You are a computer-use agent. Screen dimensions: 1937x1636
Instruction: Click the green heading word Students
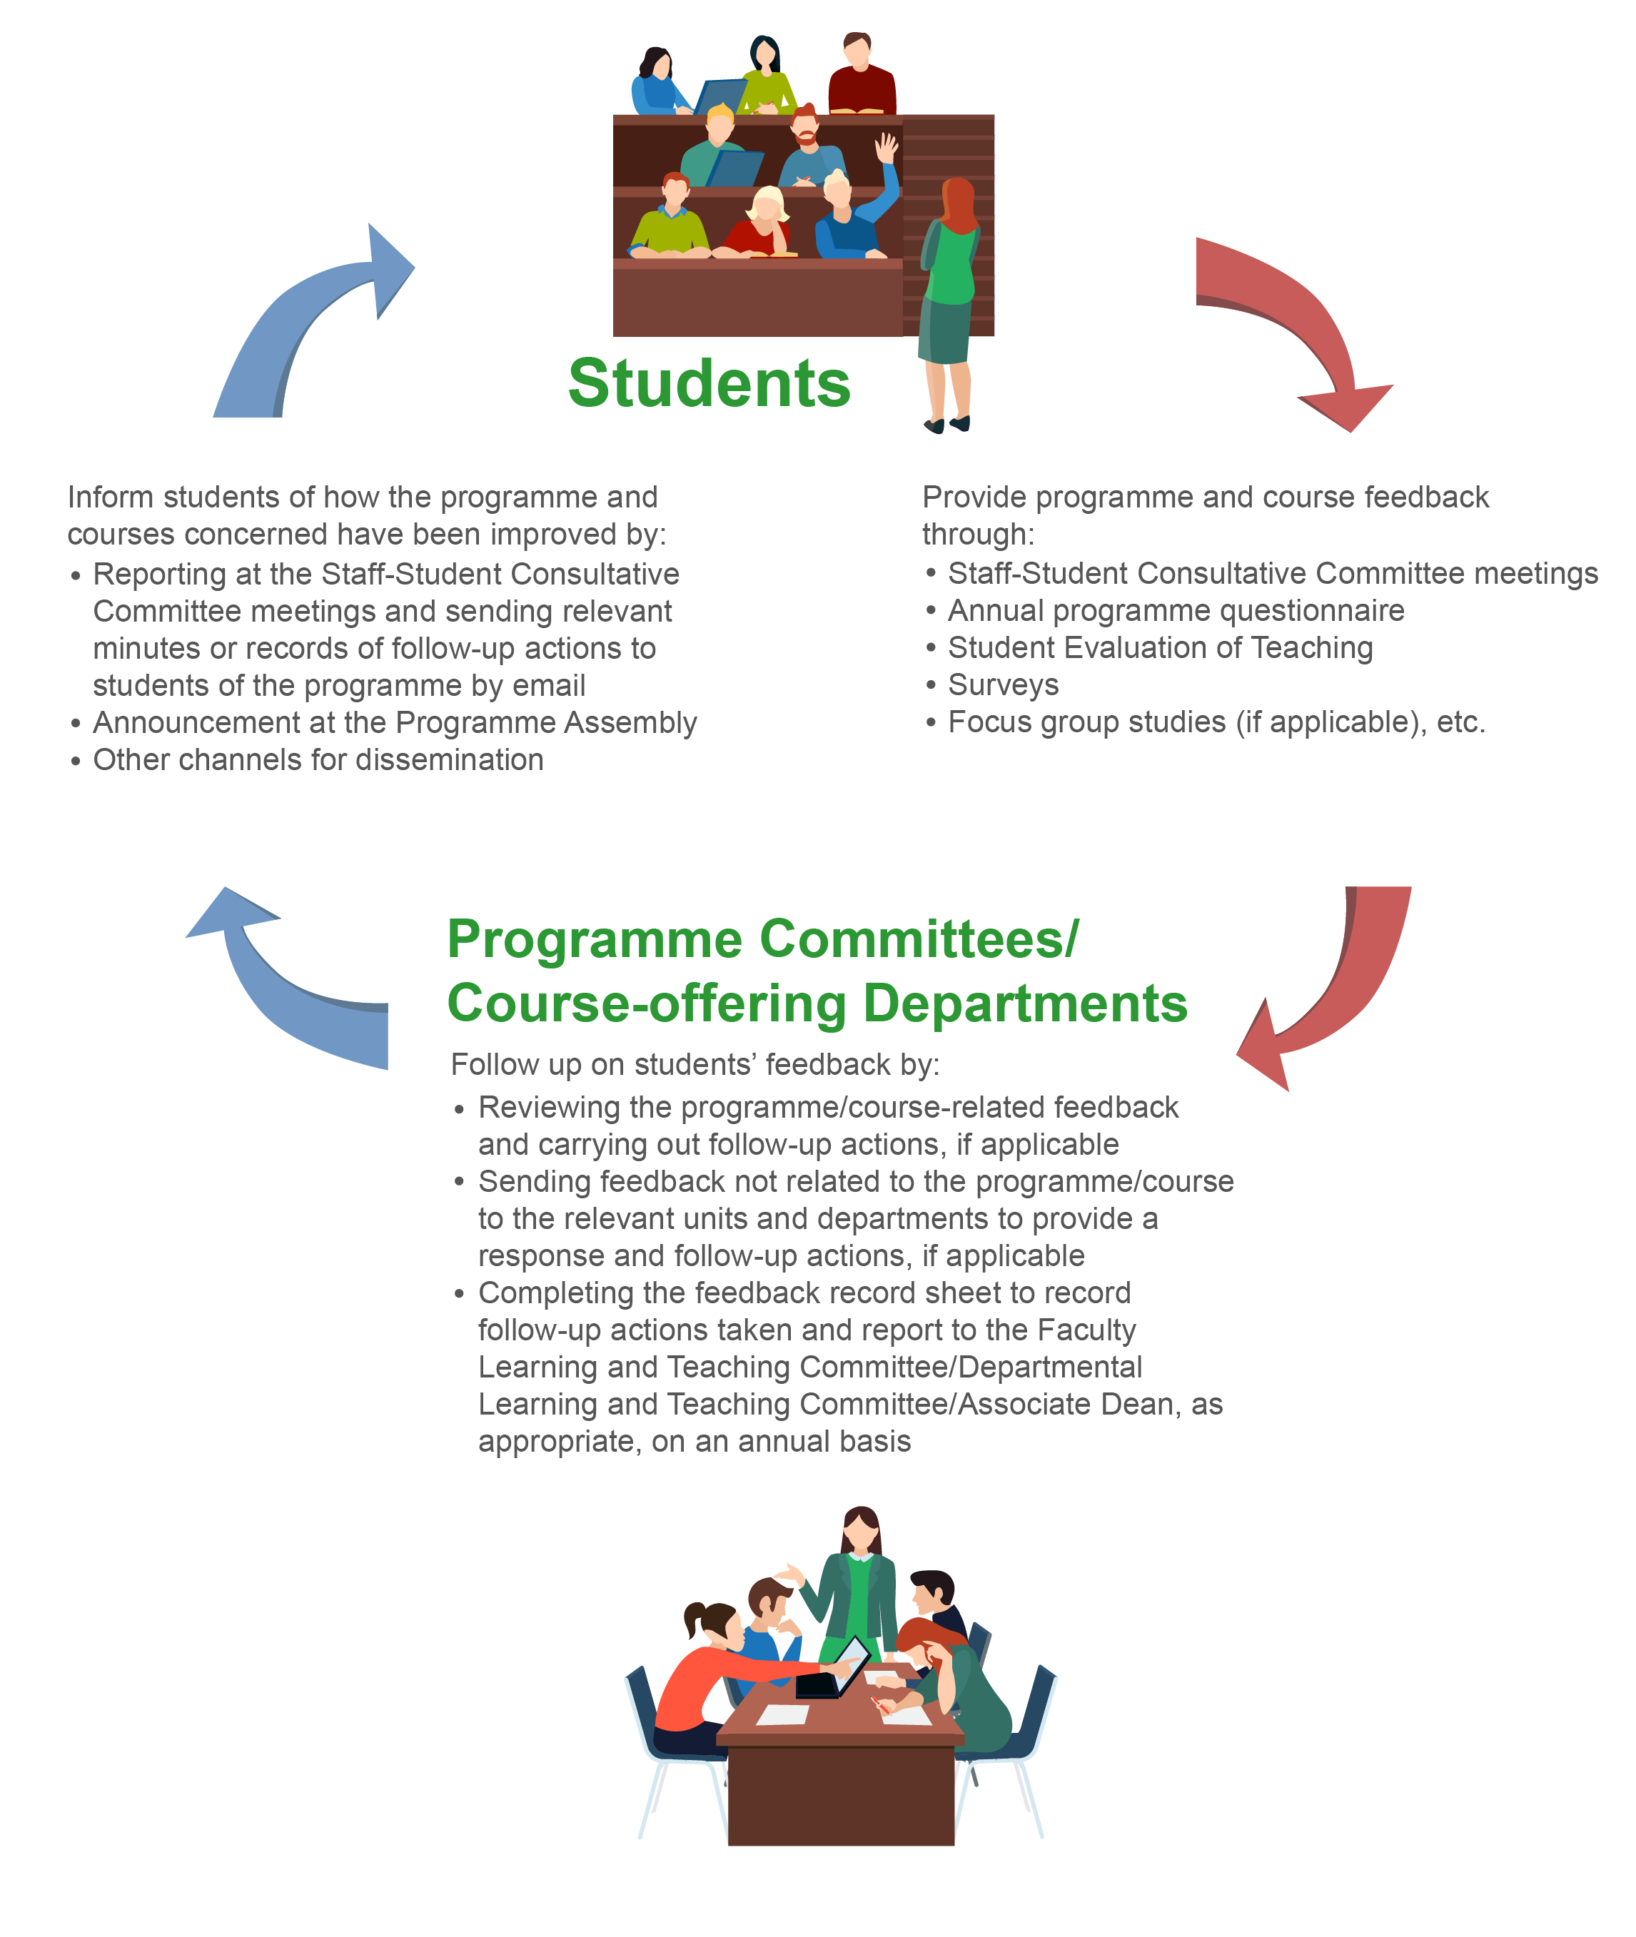709,383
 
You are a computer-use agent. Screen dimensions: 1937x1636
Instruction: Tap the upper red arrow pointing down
1298,325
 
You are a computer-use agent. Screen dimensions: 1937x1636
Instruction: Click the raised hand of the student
887,146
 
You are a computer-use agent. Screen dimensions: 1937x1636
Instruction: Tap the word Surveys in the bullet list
1003,684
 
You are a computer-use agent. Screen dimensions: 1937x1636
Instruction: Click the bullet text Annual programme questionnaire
1175,610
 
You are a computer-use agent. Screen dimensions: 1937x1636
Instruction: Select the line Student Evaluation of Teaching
1159,647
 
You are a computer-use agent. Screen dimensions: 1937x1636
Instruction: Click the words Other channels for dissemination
318,759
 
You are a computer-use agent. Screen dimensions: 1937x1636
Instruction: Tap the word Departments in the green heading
1025,1003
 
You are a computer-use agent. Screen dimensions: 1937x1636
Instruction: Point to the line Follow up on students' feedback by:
695,1063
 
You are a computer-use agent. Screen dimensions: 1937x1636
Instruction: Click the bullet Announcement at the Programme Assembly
394,722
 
